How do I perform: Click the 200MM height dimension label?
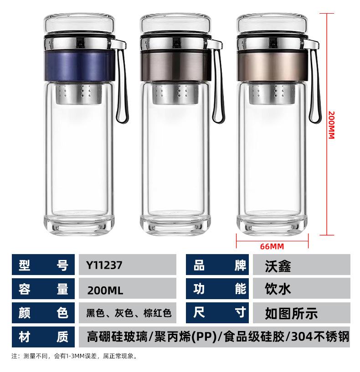331,125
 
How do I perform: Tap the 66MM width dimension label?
272,246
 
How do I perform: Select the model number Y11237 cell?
128,265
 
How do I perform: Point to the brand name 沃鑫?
278,266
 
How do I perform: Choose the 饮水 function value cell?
301,289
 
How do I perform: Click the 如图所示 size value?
291,313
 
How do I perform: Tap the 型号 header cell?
43,265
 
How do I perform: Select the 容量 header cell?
43,289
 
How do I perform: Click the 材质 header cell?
43,337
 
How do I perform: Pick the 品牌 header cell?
217,265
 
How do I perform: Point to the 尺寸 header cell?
217,313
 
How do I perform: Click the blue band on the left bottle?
79,66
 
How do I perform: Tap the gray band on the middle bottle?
175,66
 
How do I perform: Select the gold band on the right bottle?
272,66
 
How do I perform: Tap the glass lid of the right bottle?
272,24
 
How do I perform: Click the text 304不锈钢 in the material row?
320,337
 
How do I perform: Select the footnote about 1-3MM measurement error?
74,356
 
